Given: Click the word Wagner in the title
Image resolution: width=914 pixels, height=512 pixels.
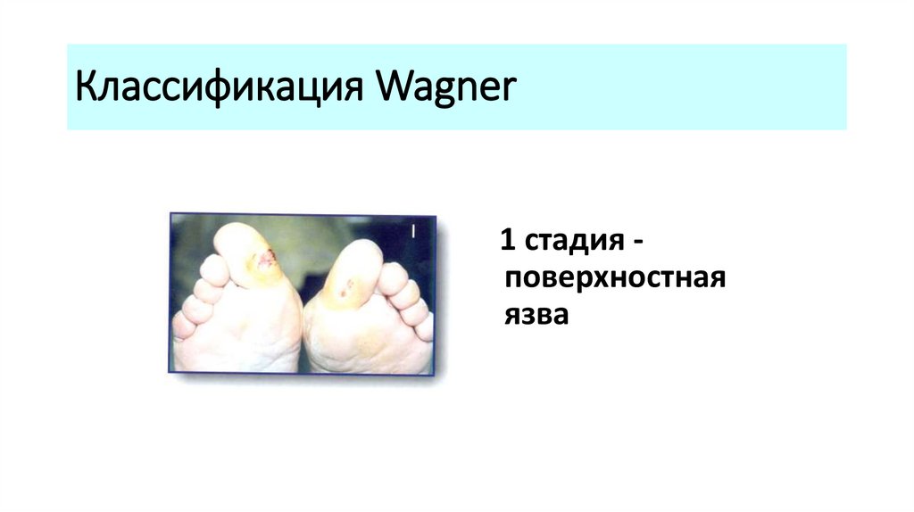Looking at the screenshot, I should (x=445, y=90).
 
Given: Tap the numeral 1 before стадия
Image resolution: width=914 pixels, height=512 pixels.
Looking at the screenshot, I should (x=507, y=241).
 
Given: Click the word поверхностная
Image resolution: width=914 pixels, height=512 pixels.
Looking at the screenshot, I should (x=613, y=278).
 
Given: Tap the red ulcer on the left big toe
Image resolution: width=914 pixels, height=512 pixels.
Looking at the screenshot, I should (x=265, y=260).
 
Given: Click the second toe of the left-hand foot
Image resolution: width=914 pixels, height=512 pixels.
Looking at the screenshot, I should (x=214, y=268).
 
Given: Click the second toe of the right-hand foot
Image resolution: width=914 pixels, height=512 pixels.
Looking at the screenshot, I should (x=391, y=277).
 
